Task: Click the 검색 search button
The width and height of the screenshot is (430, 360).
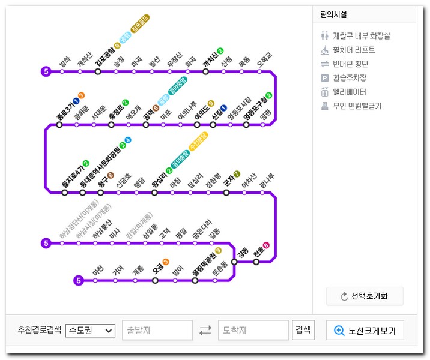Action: (303, 329)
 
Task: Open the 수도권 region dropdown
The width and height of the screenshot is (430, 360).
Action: (90, 330)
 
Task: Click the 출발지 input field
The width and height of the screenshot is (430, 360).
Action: (157, 330)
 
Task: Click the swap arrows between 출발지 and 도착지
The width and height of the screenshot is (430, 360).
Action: (205, 330)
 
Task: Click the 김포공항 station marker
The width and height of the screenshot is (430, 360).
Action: (98, 71)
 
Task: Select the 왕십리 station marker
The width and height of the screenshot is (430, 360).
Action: (154, 193)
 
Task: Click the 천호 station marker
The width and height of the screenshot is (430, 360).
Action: (256, 261)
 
